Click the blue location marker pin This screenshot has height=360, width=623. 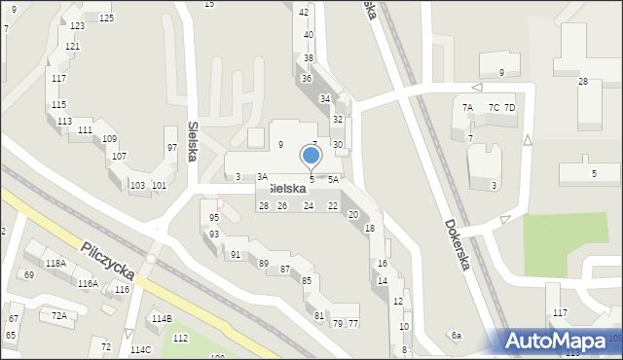[311, 157]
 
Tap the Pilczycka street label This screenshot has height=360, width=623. [106, 264]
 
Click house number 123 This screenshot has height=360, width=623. [77, 25]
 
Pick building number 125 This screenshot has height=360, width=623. [105, 18]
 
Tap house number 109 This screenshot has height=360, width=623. [110, 139]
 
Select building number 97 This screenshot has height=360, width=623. [171, 147]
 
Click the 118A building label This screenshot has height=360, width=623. [55, 263]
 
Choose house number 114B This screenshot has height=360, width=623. [162, 318]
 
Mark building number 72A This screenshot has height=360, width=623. [59, 315]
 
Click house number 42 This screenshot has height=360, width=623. [304, 12]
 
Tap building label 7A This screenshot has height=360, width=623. [467, 107]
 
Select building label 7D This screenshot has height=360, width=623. [509, 107]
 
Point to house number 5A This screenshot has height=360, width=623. [333, 179]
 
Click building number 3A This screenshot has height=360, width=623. [262, 177]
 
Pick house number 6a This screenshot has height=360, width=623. [456, 335]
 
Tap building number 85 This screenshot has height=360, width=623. [307, 281]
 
